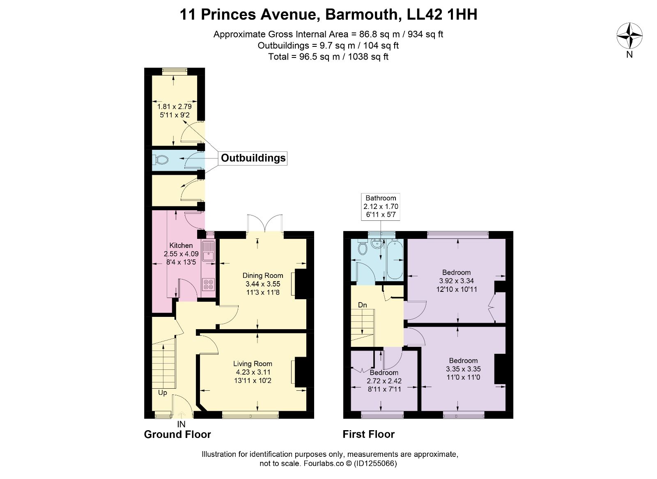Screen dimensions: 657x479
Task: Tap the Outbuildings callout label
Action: [x=253, y=158]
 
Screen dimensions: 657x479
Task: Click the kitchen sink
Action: [x=209, y=251]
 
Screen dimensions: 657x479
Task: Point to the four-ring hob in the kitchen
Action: [x=209, y=284]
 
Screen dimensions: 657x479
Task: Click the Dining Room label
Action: [x=263, y=275]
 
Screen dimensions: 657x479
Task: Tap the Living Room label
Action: [x=253, y=364]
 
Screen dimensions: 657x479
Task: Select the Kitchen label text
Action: [x=181, y=245]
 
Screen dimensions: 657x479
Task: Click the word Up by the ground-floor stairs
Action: [x=163, y=393]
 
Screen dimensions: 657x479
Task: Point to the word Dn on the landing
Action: [x=363, y=305]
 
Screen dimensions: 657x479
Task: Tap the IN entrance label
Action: [x=181, y=424]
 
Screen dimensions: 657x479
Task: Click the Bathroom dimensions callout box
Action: [x=381, y=206]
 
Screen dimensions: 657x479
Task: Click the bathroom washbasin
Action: [x=377, y=243]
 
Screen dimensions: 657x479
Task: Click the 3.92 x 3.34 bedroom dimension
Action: [x=456, y=281]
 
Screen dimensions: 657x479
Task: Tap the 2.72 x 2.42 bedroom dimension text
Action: [x=384, y=381]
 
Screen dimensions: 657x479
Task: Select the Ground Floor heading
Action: [x=177, y=434]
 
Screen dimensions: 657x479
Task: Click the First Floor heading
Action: [x=369, y=434]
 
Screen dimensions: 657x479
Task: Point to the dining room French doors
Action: [x=265, y=225]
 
